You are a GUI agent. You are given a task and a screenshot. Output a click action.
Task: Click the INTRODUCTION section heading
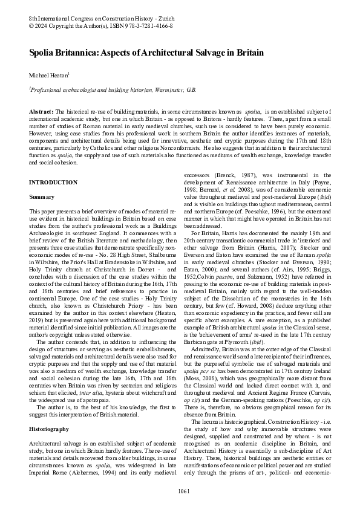pyautogui.click(x=53, y=182)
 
